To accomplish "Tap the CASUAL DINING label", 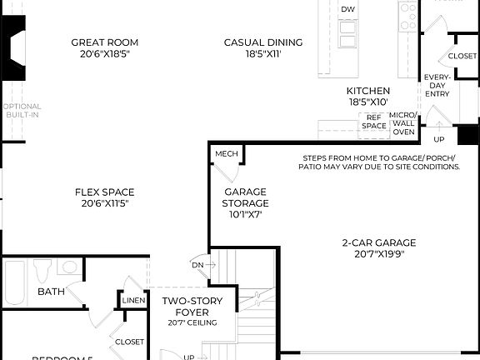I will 262,42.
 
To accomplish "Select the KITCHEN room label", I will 367,91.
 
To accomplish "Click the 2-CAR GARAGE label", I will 378,242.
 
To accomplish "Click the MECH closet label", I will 226,155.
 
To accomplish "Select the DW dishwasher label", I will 347,9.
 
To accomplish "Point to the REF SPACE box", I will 373,122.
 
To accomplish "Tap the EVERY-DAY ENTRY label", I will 437,86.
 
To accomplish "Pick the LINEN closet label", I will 133,300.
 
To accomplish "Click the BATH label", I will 51,292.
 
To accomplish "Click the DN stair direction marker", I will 197,264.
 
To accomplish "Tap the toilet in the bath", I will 42,272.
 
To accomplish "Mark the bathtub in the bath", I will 14,282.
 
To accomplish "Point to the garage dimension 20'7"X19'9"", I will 378,255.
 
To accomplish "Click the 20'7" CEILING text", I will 191,322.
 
